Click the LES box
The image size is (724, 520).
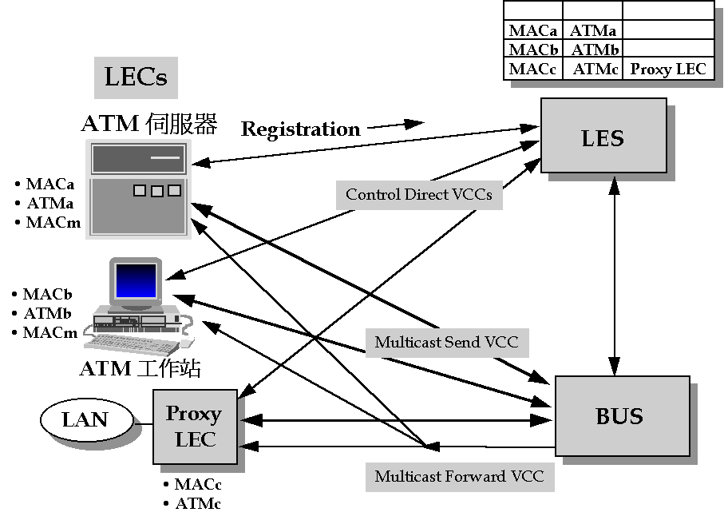tap(603, 135)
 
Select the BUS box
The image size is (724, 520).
tap(621, 415)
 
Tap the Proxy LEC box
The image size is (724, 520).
tap(195, 426)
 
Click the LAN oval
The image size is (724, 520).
tap(85, 419)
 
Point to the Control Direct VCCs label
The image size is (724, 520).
tap(418, 194)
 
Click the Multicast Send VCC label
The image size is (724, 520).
tap(446, 342)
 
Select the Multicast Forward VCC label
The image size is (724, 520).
tap(459, 476)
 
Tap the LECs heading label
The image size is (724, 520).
tap(136, 77)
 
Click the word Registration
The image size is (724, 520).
tap(301, 129)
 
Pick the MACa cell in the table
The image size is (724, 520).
tap(532, 31)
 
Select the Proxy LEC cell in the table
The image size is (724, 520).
tap(668, 69)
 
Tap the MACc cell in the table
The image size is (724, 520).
tap(532, 69)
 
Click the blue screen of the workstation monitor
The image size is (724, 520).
tap(136, 280)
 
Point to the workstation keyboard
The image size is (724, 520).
tap(132, 344)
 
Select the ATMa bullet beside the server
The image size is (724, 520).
tap(49, 203)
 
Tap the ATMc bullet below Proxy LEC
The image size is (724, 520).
tap(197, 503)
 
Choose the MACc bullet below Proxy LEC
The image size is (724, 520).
tap(197, 485)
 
